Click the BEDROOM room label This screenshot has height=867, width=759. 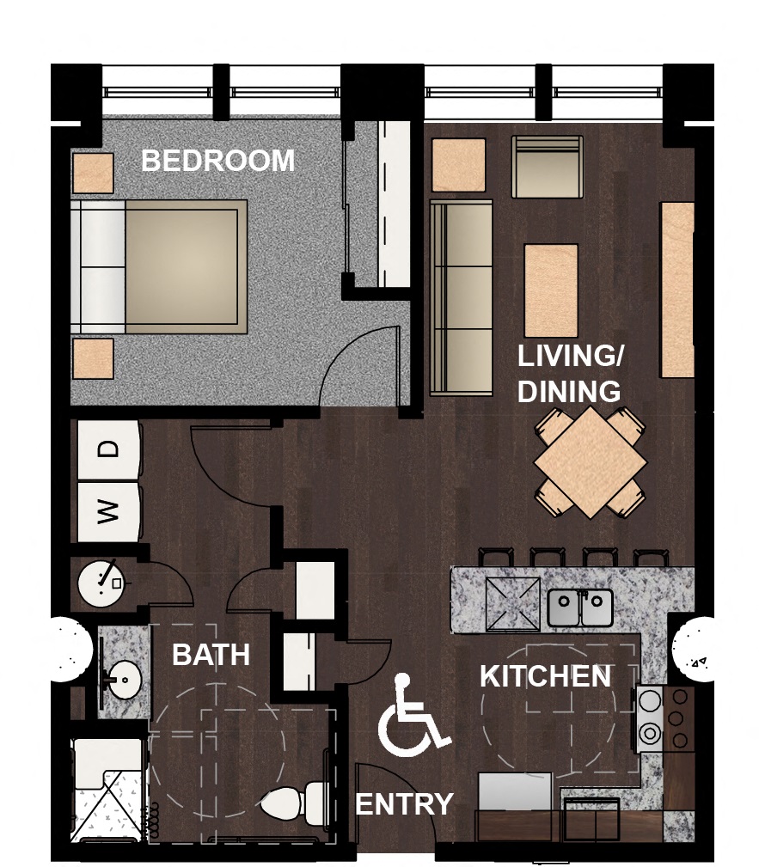pyautogui.click(x=218, y=161)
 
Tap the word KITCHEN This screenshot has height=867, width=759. pyautogui.click(x=545, y=675)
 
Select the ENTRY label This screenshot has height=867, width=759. pyautogui.click(x=404, y=804)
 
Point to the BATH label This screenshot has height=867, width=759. pyautogui.click(x=211, y=655)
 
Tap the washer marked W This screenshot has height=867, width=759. pyautogui.click(x=108, y=512)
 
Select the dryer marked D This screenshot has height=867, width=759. pyautogui.click(x=108, y=450)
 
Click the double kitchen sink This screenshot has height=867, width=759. pyautogui.click(x=580, y=608)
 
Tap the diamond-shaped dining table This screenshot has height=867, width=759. pyautogui.click(x=591, y=463)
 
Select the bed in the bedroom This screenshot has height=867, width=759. pyautogui.click(x=159, y=267)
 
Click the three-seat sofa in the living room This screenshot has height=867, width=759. pyautogui.click(x=462, y=298)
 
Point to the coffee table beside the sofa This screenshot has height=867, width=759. pyautogui.click(x=551, y=290)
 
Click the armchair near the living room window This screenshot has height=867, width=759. pyautogui.click(x=548, y=167)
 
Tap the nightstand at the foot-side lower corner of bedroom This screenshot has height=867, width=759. pyautogui.click(x=93, y=359)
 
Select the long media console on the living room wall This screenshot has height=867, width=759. pyautogui.click(x=677, y=290)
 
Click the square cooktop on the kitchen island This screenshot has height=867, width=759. pyautogui.click(x=513, y=604)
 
